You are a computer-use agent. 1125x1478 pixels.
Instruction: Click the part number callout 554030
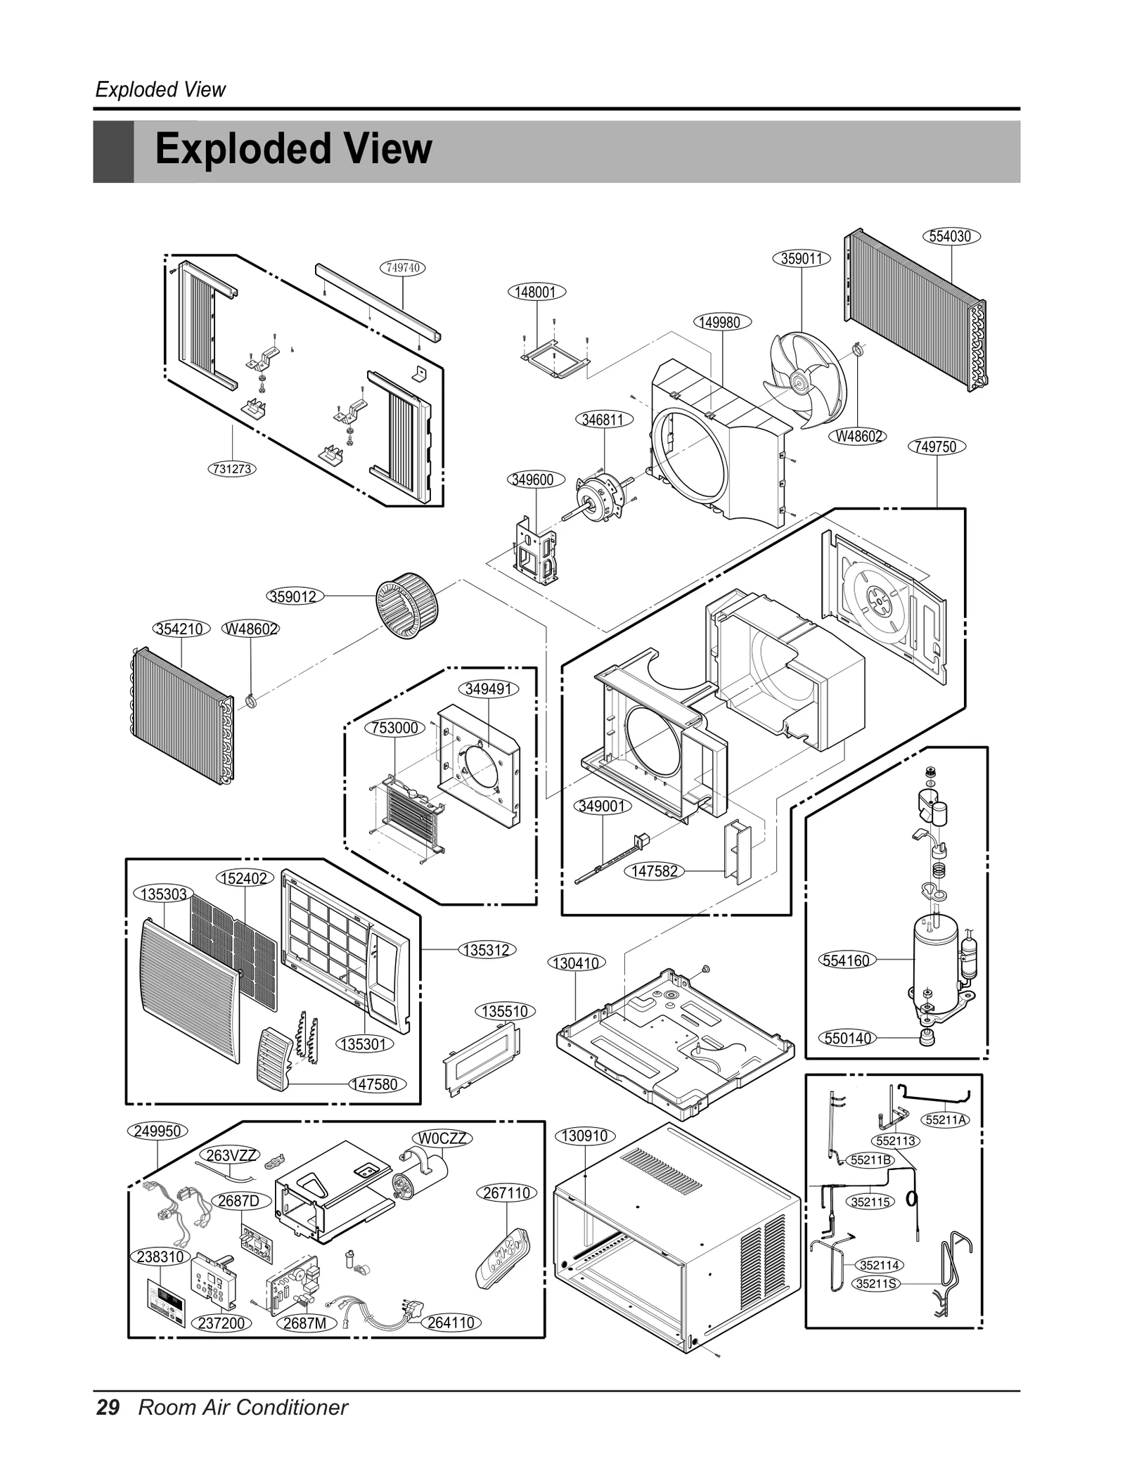(950, 236)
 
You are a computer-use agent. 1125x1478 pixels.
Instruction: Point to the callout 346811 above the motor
(603, 420)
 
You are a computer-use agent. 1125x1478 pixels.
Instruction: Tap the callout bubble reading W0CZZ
(442, 1138)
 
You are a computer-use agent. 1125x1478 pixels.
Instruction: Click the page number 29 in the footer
(108, 1422)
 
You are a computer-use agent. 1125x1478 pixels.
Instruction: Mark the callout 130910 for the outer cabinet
(585, 1136)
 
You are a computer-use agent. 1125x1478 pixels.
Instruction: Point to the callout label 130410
(576, 963)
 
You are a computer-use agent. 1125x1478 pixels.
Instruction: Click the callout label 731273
(232, 468)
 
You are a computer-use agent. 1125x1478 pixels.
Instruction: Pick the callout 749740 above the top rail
(403, 268)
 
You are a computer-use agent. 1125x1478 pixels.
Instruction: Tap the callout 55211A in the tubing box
(946, 1120)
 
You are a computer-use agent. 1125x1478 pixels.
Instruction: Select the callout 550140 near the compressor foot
(847, 1039)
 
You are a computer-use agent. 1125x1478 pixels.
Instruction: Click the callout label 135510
(505, 1012)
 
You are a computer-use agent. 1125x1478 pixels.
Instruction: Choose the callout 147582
(654, 871)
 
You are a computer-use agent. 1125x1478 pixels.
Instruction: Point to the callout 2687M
(304, 1323)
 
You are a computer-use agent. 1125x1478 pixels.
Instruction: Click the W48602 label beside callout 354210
(251, 629)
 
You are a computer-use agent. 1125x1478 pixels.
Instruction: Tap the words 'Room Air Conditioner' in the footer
(243, 1422)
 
